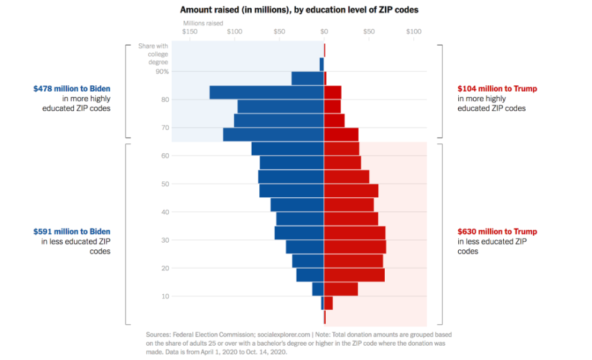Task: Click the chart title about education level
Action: (x=299, y=10)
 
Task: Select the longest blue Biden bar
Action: (x=266, y=92)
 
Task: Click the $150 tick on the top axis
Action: (x=190, y=31)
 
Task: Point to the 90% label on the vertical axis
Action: (x=162, y=72)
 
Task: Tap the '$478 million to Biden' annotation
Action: (x=72, y=89)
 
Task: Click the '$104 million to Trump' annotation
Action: (x=497, y=89)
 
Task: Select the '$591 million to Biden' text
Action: (x=72, y=232)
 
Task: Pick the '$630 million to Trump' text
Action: (x=497, y=232)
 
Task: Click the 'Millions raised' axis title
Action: (x=203, y=23)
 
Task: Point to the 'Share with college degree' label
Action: (x=153, y=54)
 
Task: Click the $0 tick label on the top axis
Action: (x=324, y=31)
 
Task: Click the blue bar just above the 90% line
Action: (x=321, y=64)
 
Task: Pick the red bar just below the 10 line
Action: (x=329, y=303)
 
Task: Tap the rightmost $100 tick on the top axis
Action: (x=413, y=31)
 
